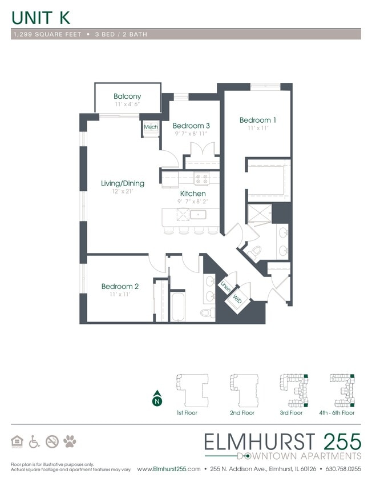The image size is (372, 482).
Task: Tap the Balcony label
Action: pos(127,97)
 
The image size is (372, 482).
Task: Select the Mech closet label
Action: pos(151,127)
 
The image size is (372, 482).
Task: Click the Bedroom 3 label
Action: pos(191,126)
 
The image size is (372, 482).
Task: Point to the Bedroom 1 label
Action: pos(258,120)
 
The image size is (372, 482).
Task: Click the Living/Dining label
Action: pos(123,183)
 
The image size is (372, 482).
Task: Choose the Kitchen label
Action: pos(193,194)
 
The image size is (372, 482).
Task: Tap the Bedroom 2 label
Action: pos(120,286)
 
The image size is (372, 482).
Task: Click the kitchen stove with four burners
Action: pos(201,179)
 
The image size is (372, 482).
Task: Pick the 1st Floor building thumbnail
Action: pos(188,389)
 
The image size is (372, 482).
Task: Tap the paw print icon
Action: pos(70,441)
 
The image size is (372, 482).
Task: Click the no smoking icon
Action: pos(52,441)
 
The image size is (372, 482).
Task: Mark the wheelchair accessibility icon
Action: pos(35,441)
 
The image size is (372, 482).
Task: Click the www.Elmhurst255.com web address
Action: pos(169,469)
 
